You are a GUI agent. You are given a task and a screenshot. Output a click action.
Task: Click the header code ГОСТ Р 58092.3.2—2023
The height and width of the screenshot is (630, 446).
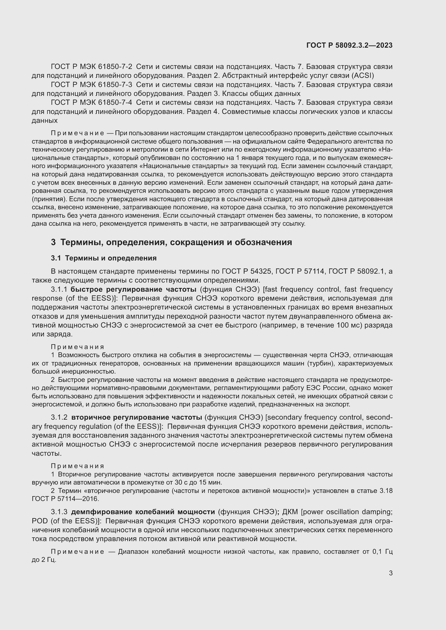click(349, 45)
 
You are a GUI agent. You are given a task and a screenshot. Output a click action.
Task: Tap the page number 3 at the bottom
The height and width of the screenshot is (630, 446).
click(390, 573)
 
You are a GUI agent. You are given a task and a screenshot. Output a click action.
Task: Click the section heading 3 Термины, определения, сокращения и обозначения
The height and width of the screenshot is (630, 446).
click(171, 242)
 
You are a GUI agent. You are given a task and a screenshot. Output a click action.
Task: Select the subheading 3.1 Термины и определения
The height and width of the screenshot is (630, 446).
click(104, 258)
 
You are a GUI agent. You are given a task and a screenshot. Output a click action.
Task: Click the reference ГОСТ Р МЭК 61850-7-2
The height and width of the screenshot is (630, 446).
click(91, 67)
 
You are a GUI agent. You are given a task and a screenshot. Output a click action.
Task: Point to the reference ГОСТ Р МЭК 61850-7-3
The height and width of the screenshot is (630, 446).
click(91, 85)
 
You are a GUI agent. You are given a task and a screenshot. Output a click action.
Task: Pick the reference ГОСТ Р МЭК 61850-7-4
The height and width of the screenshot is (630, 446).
click(91, 103)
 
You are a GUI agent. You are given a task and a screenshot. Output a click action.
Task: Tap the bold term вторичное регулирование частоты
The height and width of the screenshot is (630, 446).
click(137, 417)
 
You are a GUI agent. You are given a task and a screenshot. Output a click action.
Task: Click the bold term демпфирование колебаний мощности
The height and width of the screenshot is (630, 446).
click(143, 512)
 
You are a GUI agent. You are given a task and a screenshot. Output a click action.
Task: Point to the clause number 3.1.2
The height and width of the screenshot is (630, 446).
click(59, 417)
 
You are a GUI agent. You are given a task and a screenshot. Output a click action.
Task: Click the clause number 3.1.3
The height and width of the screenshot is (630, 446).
click(59, 512)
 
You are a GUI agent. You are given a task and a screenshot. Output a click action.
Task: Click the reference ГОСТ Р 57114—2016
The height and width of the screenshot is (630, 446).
click(65, 499)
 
